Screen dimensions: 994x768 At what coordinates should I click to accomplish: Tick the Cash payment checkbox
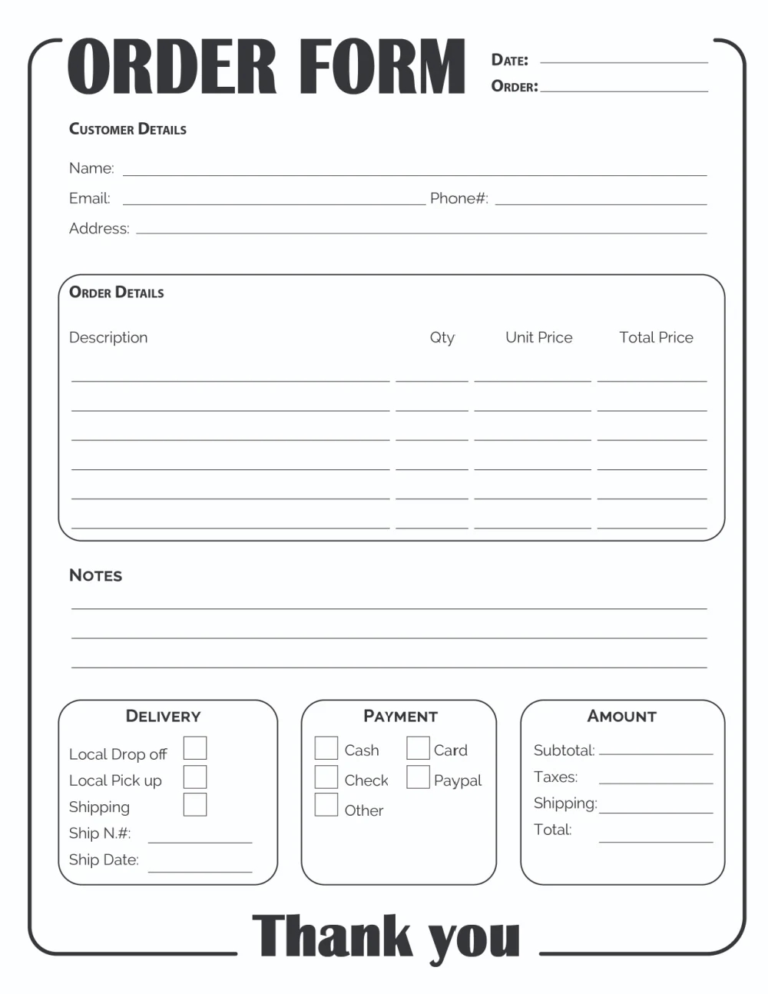click(326, 747)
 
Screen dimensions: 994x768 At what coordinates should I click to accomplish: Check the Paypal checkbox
click(418, 777)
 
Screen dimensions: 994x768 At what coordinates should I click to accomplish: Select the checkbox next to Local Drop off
click(195, 747)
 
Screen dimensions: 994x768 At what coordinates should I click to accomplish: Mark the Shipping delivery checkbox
click(195, 804)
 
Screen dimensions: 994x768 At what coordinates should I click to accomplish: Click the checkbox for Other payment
click(326, 804)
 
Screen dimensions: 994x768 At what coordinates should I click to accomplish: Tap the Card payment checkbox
click(418, 747)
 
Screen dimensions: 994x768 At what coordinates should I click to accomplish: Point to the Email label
click(90, 198)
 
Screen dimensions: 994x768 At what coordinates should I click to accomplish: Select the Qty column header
click(442, 337)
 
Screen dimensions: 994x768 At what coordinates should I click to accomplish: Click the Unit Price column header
click(538, 337)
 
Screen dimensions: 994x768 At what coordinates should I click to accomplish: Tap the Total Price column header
click(656, 337)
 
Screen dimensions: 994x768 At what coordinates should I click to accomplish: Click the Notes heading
click(95, 575)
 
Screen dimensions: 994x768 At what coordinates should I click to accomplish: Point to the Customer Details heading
click(127, 129)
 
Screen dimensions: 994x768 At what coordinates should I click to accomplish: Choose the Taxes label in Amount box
click(555, 777)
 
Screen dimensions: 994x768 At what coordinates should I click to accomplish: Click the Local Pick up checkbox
click(195, 777)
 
